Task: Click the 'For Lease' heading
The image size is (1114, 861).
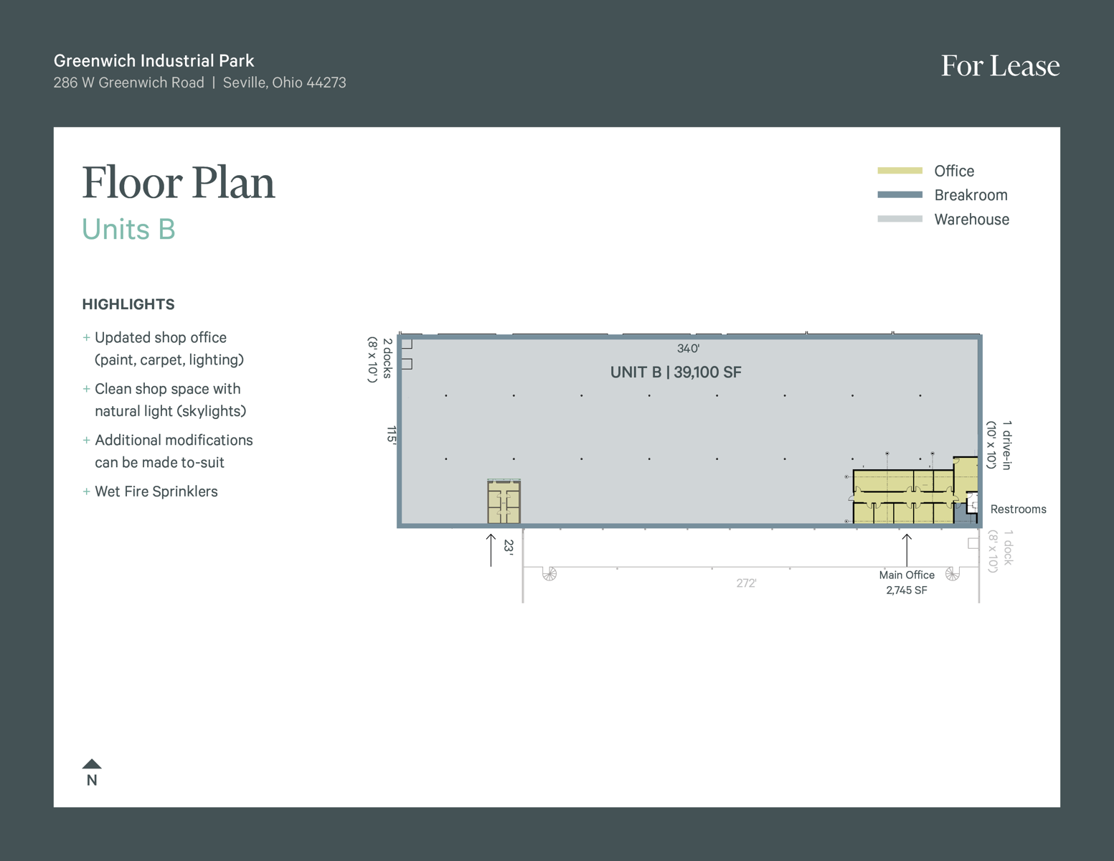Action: coord(1000,66)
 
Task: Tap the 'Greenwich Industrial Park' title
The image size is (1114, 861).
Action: coord(154,60)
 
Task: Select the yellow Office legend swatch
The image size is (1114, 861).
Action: coord(900,171)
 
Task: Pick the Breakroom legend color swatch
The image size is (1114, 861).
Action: coord(900,195)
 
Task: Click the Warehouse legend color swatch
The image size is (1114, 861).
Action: coord(900,219)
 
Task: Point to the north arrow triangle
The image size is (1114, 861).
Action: coord(92,764)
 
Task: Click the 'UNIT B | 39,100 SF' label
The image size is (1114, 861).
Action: coord(676,372)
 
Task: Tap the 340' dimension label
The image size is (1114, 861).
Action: coord(688,349)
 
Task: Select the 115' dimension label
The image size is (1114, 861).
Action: coord(392,435)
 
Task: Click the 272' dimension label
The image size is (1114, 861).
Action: coord(747,583)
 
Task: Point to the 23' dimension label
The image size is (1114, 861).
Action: coord(509,547)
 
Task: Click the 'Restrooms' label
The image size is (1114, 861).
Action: coord(1018,509)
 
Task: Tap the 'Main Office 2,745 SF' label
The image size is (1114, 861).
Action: coord(907,583)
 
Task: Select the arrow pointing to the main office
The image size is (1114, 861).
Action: coord(907,550)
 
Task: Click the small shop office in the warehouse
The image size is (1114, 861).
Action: coord(504,502)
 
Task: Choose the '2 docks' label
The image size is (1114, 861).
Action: coord(387,358)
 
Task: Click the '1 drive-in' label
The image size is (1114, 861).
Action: coord(1007,445)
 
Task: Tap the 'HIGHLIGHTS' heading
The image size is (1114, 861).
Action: coord(128,305)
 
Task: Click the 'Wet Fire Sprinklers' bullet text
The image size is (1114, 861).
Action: coord(156,491)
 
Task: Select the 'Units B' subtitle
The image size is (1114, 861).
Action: coord(128,229)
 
